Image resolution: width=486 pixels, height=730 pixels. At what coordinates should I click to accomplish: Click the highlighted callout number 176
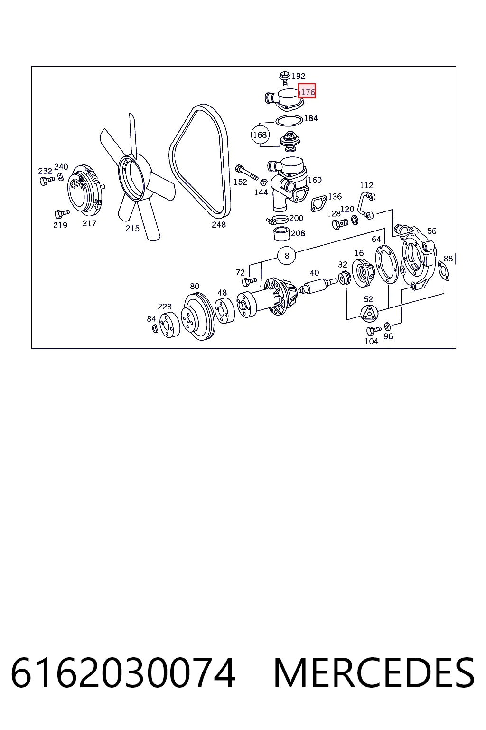(307, 91)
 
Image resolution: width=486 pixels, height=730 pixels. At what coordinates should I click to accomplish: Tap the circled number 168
(260, 134)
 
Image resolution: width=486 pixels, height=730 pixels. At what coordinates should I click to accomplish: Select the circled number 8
(287, 256)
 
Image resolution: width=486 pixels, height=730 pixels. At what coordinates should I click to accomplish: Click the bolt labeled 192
(285, 78)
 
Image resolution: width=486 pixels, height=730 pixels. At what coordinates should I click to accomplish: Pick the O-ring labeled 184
(289, 120)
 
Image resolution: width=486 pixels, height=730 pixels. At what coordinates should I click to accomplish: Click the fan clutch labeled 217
(86, 190)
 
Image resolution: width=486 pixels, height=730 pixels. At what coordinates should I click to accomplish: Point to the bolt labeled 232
(47, 180)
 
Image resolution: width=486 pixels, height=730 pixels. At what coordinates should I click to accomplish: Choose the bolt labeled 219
(62, 213)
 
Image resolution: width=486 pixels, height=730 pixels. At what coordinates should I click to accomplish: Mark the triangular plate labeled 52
(369, 314)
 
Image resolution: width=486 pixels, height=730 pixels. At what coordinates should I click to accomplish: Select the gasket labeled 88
(444, 270)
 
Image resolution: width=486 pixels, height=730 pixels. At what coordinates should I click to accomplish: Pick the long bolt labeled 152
(246, 173)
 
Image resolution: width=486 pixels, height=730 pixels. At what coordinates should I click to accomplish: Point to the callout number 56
(431, 231)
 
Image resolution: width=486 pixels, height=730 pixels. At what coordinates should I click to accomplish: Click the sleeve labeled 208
(282, 234)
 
